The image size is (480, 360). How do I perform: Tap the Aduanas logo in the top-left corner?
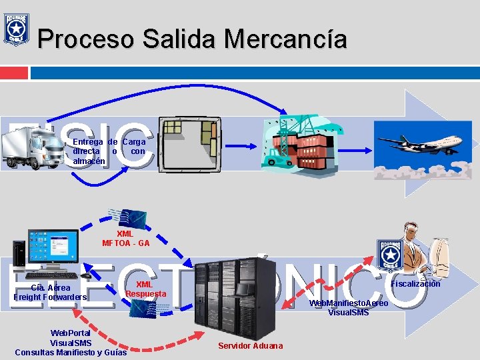click(15, 28)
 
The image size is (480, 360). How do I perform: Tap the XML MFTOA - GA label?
click(125, 239)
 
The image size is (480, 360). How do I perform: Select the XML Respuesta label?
click(146, 289)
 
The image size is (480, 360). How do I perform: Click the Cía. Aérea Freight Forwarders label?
click(51, 293)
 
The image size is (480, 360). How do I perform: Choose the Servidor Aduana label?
click(251, 345)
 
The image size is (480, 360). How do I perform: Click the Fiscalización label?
click(415, 284)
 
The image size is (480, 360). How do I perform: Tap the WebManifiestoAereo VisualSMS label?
click(348, 308)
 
